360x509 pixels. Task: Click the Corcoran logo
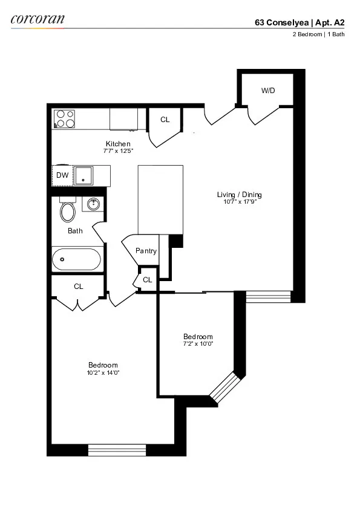37,19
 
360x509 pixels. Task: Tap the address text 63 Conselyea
281,23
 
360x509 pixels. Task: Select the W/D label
268,91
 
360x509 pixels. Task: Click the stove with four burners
64,118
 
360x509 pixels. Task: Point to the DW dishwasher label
62,175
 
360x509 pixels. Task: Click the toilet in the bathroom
67,211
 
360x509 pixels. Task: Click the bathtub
76,260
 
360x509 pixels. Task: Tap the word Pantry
146,251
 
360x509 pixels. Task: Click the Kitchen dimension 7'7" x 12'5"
119,151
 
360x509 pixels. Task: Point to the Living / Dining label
239,195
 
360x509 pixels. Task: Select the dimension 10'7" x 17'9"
239,202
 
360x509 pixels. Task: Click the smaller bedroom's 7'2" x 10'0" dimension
198,344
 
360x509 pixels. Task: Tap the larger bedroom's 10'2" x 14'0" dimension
103,372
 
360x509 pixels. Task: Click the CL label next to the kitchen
165,120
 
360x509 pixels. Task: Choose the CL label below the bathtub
78,287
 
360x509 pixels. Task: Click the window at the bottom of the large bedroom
117,450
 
